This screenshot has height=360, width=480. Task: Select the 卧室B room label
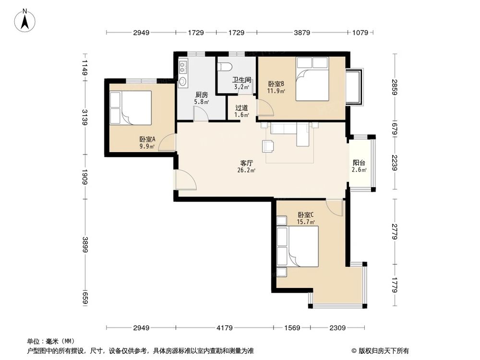point(277,84)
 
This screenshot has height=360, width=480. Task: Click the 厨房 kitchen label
point(188,95)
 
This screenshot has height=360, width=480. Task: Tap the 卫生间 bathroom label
point(242,81)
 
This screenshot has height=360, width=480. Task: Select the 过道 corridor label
point(241,108)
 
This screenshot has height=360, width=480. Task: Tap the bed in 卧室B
point(312,79)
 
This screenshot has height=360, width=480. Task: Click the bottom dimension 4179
point(224,328)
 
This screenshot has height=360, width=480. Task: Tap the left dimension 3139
point(85,117)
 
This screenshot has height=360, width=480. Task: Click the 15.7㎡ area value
point(306,222)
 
